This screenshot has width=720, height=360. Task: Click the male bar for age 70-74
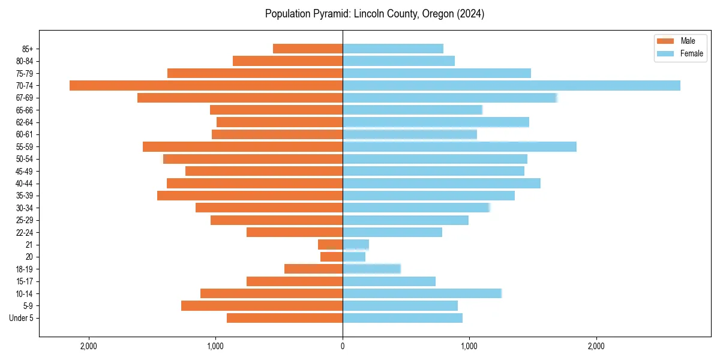(206, 86)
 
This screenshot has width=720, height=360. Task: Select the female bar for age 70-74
(511, 86)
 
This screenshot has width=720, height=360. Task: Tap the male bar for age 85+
(308, 49)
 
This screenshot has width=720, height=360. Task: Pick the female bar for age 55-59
(459, 147)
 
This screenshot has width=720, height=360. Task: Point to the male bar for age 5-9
(262, 306)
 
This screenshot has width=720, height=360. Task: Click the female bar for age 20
(354, 257)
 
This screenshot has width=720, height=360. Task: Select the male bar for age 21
(330, 245)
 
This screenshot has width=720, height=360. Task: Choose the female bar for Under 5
(403, 318)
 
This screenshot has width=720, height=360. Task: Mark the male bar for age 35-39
(250, 196)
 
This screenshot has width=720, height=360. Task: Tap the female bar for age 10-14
(422, 293)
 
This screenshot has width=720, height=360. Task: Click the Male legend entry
(680, 41)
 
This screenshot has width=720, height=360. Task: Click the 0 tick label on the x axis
(343, 346)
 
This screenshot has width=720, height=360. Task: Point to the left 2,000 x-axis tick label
(89, 346)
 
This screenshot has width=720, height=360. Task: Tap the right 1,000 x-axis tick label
(469, 346)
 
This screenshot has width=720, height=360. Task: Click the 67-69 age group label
(25, 98)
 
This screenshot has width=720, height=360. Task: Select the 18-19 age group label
(25, 269)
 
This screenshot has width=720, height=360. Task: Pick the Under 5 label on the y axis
(22, 318)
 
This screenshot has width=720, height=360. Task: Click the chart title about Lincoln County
(374, 14)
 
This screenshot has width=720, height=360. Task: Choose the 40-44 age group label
(25, 184)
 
